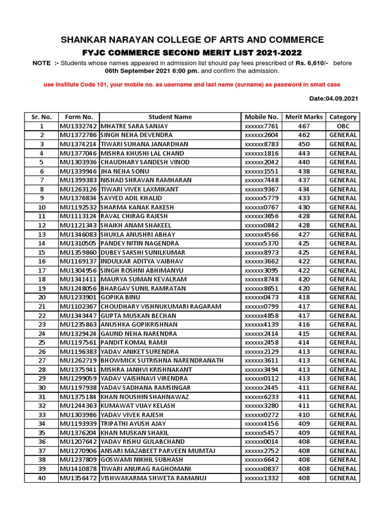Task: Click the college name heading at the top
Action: (192, 40)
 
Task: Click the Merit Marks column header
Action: (304, 117)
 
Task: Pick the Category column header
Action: (343, 117)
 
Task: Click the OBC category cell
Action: (343, 126)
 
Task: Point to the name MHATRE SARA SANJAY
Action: (134, 126)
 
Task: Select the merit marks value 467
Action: (304, 126)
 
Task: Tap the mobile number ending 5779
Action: (261, 198)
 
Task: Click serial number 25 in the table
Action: (42, 342)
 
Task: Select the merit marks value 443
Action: (304, 153)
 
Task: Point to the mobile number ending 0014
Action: (261, 442)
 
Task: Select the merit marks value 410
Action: (304, 415)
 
